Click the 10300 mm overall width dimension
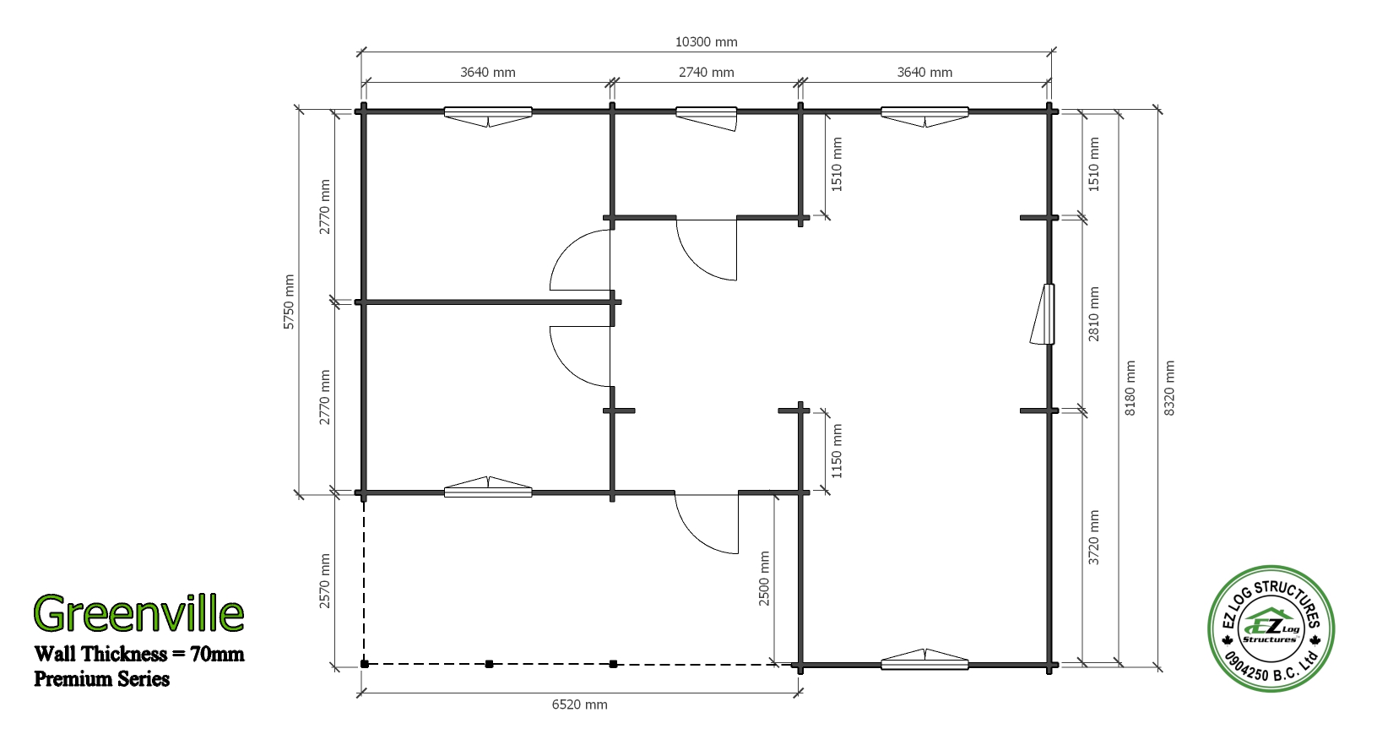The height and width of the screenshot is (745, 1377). pos(707,42)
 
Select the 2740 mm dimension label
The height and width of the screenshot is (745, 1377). pos(707,72)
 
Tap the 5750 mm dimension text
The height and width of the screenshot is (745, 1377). pos(289,302)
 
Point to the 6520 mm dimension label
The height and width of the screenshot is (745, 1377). pos(580,704)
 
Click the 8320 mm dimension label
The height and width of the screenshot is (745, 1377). pos(1169,389)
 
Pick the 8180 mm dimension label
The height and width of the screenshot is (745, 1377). pos(1130,389)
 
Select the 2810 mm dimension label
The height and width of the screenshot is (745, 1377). pos(1093,314)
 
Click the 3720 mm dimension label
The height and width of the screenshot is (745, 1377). pos(1093,538)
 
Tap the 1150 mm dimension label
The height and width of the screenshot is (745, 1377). pos(837,451)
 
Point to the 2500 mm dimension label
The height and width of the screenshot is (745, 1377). pos(764,579)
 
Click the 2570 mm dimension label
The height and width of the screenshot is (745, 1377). pos(324,581)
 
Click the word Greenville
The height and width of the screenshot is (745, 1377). pos(139,612)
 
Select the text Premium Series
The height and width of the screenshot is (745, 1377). pos(101,679)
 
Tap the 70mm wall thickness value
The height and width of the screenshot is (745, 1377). pos(217,653)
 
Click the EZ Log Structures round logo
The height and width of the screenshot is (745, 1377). pos(1271,628)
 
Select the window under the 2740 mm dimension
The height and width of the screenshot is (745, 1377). pos(707,117)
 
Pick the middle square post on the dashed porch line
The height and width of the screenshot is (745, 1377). pos(490,664)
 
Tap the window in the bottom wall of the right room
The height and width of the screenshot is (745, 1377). pos(924,659)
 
